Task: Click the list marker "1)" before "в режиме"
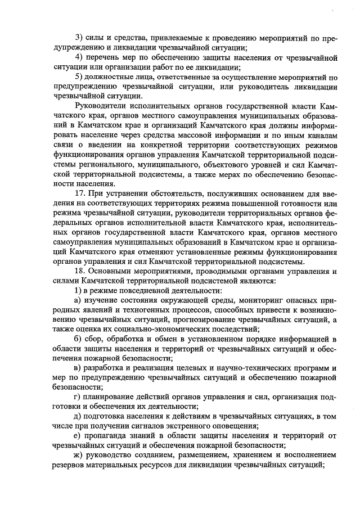pos(79,290)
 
